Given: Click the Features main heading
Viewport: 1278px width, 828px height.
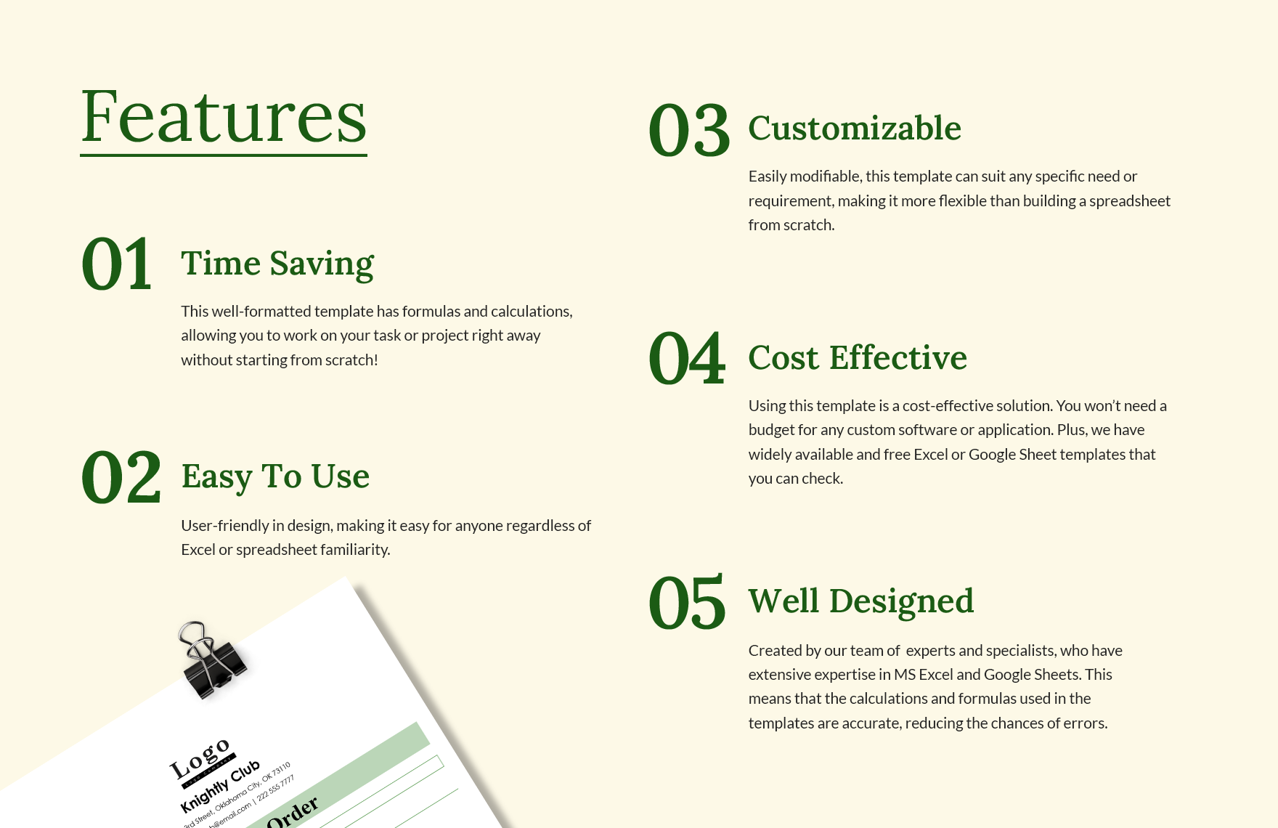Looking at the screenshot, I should [224, 118].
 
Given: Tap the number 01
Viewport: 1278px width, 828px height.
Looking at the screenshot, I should [117, 264].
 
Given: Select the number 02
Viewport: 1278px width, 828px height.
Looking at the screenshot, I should [121, 477].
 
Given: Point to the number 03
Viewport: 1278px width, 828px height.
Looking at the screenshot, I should [688, 131].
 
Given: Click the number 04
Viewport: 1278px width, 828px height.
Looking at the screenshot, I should [687, 359].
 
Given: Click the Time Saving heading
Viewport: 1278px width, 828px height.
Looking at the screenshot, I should [277, 263].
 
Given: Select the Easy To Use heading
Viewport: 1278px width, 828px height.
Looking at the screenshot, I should [275, 476].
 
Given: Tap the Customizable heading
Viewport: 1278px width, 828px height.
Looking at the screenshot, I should [855, 129].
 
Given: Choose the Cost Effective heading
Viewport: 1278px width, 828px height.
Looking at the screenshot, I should [858, 358].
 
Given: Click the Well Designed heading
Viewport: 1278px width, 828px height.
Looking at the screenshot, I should [861, 601].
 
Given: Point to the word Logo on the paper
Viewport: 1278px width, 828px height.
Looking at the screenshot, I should [200, 760].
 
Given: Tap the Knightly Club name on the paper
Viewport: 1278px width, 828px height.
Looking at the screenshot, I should [219, 787].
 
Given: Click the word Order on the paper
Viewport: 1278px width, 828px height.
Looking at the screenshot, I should [292, 812].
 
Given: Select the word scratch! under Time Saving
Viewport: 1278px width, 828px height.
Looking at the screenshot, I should [351, 360].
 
